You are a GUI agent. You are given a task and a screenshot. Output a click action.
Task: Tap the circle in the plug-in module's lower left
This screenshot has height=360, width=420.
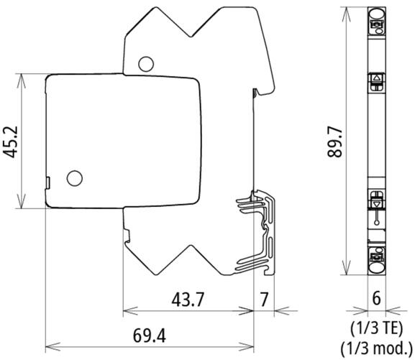coord(74,177)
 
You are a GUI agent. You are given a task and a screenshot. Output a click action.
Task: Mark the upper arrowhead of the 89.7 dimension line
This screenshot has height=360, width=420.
coord(348,9)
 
